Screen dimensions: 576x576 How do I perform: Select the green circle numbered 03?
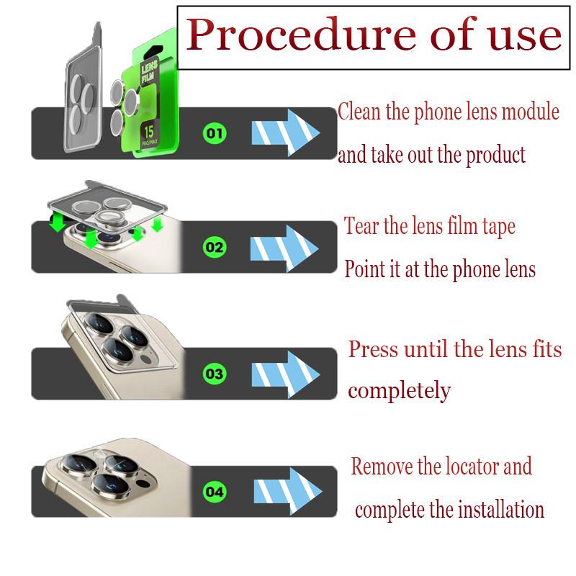(x=215, y=374)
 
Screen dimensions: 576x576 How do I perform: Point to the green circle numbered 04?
(x=215, y=492)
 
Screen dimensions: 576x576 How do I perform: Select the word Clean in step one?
(x=359, y=112)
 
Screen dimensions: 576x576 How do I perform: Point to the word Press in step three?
(x=372, y=350)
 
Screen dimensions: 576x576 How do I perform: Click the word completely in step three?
(x=399, y=392)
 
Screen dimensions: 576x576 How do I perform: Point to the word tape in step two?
(x=498, y=228)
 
